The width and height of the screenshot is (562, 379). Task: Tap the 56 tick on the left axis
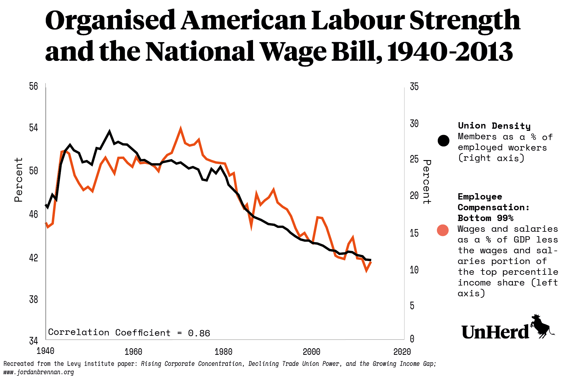tap(33, 86)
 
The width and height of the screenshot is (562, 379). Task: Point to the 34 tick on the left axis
tap(33, 341)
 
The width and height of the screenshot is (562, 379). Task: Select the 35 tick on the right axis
tap(414, 87)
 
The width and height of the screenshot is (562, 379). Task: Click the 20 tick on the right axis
tap(414, 196)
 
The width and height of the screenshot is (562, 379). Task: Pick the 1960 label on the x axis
tap(133, 352)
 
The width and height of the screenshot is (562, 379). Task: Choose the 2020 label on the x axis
tap(402, 352)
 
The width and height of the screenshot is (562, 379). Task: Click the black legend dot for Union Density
tap(443, 141)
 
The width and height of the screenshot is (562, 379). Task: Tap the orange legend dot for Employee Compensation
tap(443, 230)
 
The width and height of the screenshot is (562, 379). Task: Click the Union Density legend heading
tap(494, 126)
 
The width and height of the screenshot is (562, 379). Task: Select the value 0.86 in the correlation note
tap(199, 333)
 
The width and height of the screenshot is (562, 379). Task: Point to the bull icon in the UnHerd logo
tap(541, 326)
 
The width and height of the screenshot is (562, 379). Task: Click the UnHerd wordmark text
tap(495, 332)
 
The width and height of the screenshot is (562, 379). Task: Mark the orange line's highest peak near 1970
tap(180, 129)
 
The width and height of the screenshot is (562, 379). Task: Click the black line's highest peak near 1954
tap(109, 132)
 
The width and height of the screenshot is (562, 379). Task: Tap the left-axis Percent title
tap(19, 180)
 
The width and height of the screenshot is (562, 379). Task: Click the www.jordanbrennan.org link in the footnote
tap(39, 372)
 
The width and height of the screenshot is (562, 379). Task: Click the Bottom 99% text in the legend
tap(485, 218)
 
